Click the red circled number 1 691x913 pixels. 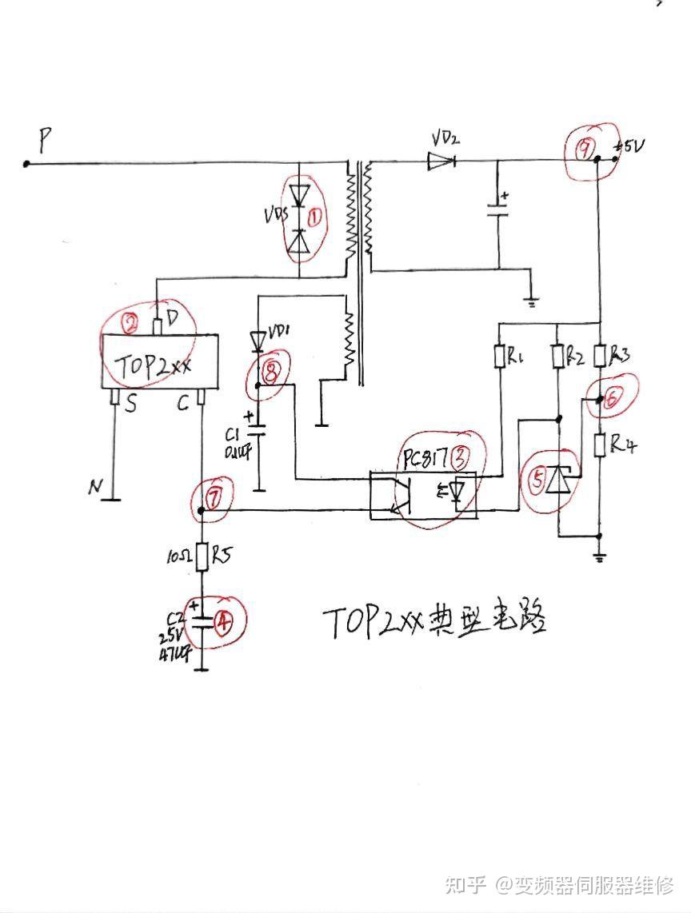pos(316,216)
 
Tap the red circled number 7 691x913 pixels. pos(212,497)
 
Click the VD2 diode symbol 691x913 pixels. pos(440,161)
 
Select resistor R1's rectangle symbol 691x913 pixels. pos(500,356)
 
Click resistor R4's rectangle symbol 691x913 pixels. pos(599,445)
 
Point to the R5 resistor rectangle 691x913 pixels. pos(202,556)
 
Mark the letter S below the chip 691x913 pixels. pos(130,405)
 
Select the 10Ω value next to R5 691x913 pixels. pos(177,555)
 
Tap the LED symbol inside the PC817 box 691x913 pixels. pos(457,494)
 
